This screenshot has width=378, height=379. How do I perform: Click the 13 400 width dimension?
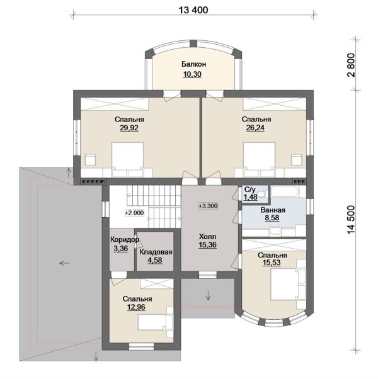(193, 10)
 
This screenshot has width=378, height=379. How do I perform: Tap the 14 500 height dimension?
(351, 220)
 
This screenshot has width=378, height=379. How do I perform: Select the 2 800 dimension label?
(351, 65)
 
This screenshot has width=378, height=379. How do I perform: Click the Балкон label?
(193, 64)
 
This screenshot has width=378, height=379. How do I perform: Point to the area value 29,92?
(129, 128)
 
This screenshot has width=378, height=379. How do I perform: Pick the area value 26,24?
(255, 128)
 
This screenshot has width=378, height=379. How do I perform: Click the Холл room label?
(207, 236)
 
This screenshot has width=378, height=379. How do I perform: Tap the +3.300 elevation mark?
(209, 206)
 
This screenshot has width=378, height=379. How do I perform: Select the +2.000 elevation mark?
(134, 213)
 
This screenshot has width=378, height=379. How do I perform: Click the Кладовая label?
(156, 252)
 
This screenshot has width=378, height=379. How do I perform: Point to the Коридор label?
(125, 240)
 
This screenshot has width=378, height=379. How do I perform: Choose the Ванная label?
(273, 210)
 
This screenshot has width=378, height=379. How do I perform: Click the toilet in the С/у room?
(262, 194)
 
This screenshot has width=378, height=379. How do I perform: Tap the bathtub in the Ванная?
(285, 191)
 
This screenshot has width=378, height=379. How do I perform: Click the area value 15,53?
(272, 263)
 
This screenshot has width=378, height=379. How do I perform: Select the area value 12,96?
(136, 307)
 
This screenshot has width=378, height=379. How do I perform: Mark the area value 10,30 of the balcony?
(192, 74)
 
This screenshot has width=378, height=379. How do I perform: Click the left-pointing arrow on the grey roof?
(64, 263)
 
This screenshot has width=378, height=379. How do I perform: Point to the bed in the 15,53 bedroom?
(289, 285)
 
